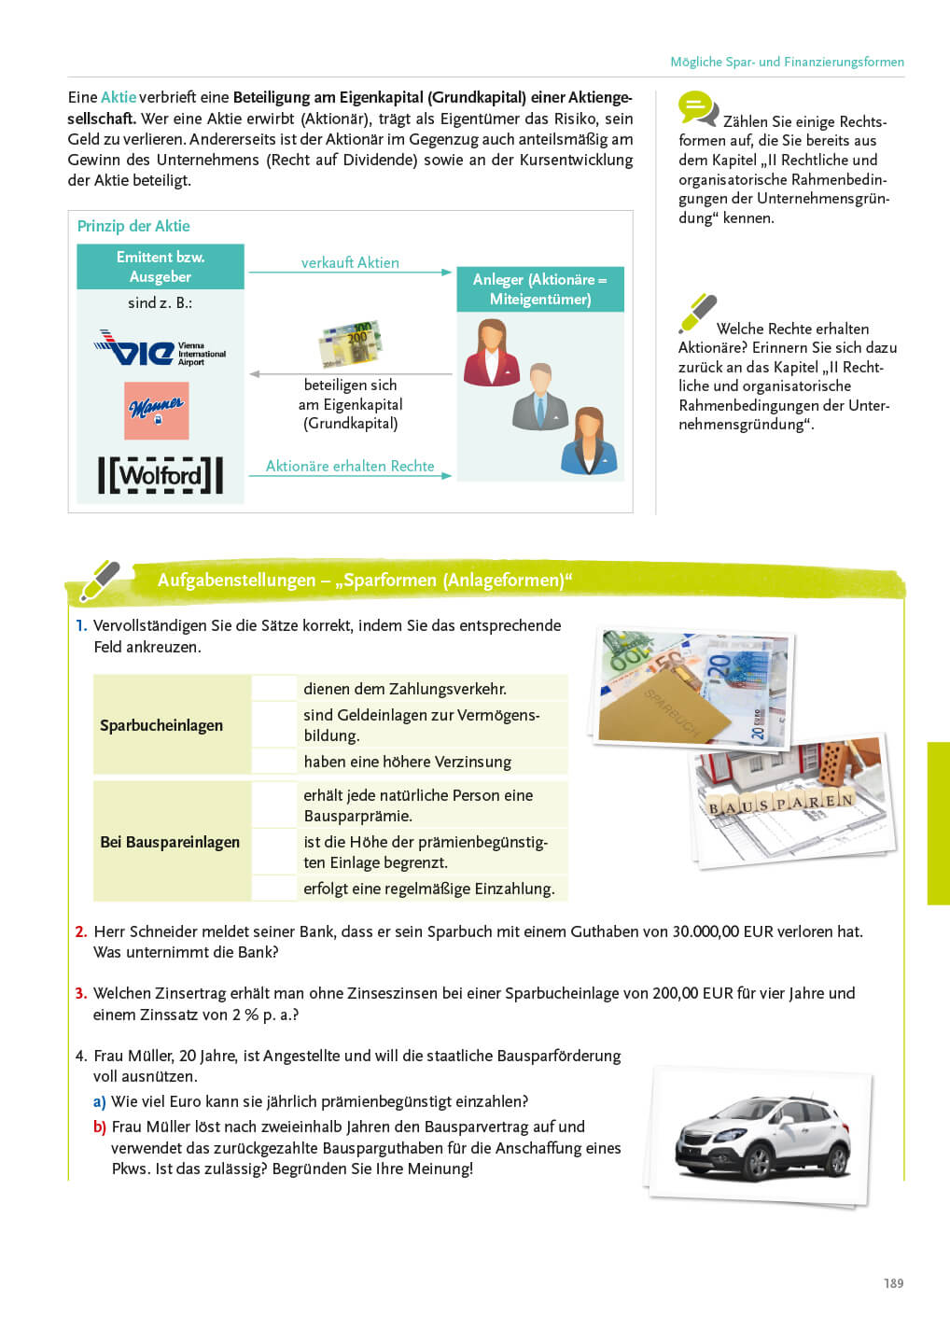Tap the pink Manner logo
click(x=157, y=410)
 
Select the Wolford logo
click(x=161, y=475)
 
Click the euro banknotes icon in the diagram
click(x=350, y=343)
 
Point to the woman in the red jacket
click(x=491, y=354)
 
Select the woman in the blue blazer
click(x=588, y=441)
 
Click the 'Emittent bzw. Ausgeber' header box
click(x=161, y=267)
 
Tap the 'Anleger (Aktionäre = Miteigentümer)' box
click(x=539, y=289)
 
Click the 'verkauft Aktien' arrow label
click(x=350, y=263)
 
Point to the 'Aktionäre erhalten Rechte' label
click(x=350, y=466)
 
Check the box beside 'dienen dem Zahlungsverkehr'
click(x=274, y=689)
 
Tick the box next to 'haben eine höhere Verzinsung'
click(x=274, y=762)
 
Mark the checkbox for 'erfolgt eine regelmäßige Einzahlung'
click(x=274, y=889)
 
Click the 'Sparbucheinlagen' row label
click(x=161, y=725)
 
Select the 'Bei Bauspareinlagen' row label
click(x=170, y=842)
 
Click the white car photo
click(x=761, y=1135)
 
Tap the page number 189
click(x=893, y=1283)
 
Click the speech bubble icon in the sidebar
click(x=697, y=108)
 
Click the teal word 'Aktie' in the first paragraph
click(x=119, y=97)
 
